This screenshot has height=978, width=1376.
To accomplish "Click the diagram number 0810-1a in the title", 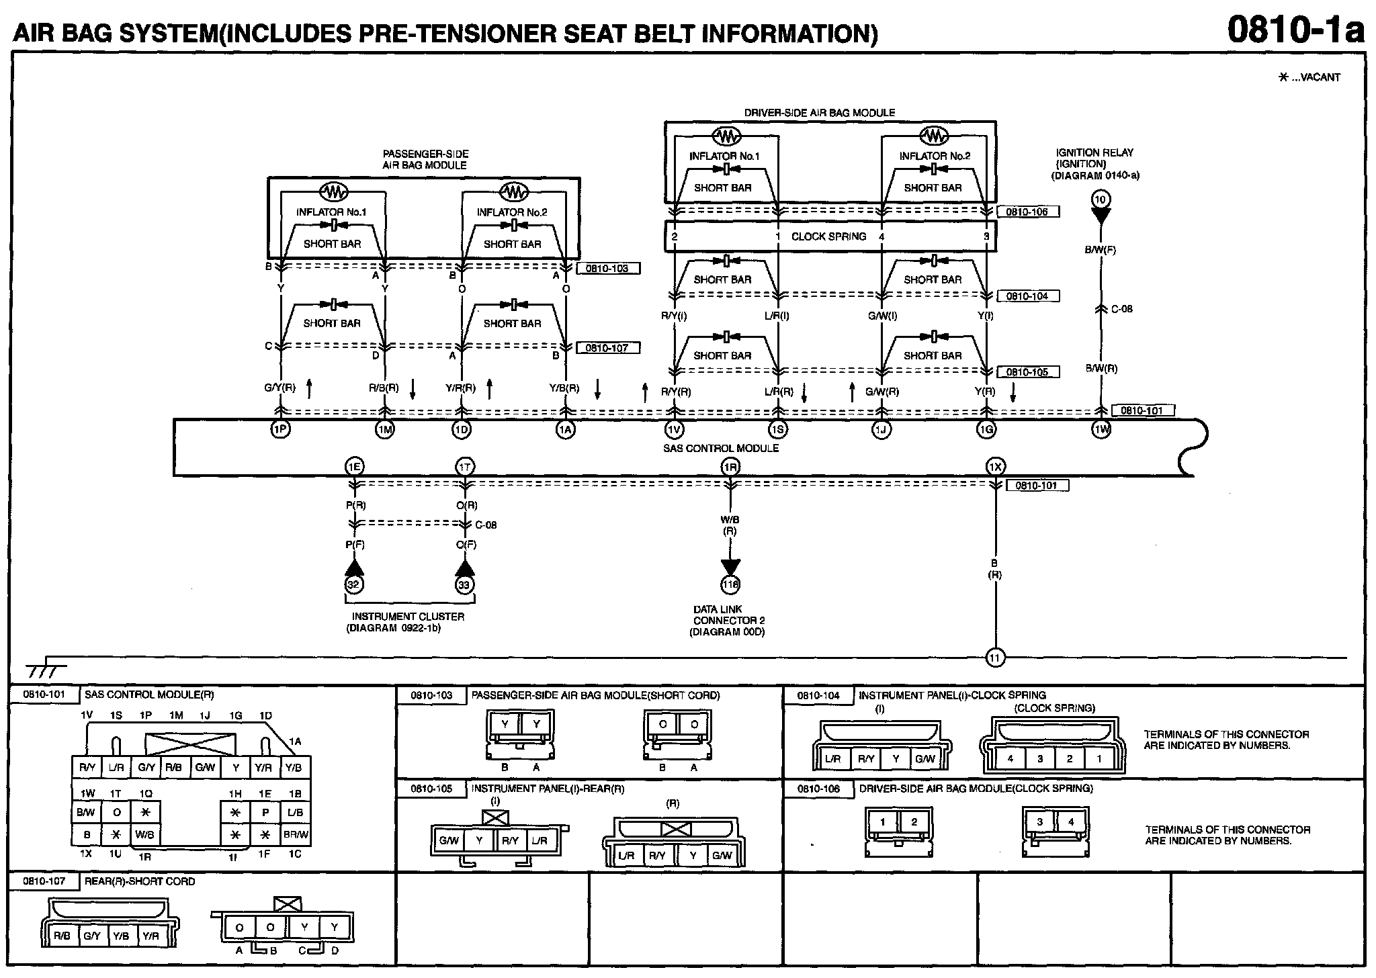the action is (1296, 30).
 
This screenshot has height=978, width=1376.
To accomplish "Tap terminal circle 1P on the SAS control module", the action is (280, 429).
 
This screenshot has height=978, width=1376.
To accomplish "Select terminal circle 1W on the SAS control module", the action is (1101, 429).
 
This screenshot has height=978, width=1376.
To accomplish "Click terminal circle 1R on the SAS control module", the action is (730, 466).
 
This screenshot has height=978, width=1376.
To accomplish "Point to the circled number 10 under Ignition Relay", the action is (1100, 199).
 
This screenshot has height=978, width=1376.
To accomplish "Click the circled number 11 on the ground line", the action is (995, 658).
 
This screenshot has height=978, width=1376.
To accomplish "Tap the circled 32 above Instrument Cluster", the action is (353, 584).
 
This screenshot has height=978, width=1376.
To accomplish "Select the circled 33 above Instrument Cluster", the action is (464, 584).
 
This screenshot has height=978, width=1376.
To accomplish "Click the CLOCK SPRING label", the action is (828, 236).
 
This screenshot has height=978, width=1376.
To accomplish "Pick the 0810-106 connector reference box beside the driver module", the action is (1027, 212).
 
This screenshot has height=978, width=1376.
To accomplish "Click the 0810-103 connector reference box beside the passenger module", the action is (607, 269).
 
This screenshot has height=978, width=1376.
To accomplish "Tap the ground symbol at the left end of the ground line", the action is (46, 670).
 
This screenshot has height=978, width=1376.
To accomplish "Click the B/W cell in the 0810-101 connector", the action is (86, 812).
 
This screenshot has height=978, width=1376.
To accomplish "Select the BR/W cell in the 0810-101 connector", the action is (296, 835).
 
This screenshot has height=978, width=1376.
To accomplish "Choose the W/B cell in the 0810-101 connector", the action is (145, 835).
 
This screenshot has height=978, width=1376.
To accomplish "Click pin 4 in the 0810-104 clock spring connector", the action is (1010, 758).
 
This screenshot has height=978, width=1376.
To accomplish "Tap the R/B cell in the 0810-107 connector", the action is (62, 935).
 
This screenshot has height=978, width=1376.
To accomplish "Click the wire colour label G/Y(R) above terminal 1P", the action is (280, 388).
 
